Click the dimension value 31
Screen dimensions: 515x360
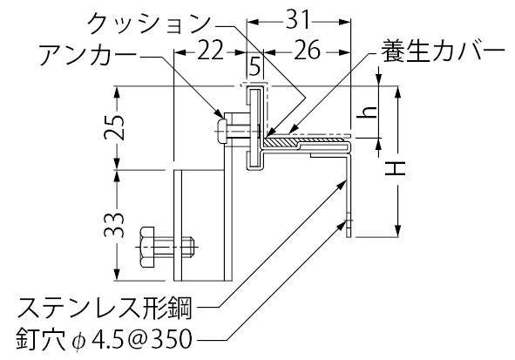[298, 20]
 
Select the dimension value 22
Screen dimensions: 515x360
[210, 51]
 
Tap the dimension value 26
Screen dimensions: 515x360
[307, 51]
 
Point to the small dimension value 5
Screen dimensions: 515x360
[254, 65]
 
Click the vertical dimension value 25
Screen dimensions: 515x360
[114, 127]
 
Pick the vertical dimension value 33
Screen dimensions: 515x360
[114, 226]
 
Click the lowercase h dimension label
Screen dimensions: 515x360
[368, 112]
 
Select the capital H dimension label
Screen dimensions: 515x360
[396, 169]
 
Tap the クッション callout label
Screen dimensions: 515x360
[149, 23]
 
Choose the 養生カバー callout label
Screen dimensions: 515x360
[442, 51]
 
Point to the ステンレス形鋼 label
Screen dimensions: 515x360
[105, 308]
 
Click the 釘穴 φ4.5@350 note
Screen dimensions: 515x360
[105, 340]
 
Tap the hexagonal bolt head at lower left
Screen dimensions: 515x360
[146, 247]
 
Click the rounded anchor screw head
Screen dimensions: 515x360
[221, 132]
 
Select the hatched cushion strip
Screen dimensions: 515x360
[281, 143]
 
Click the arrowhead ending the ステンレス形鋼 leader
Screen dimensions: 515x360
[342, 183]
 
